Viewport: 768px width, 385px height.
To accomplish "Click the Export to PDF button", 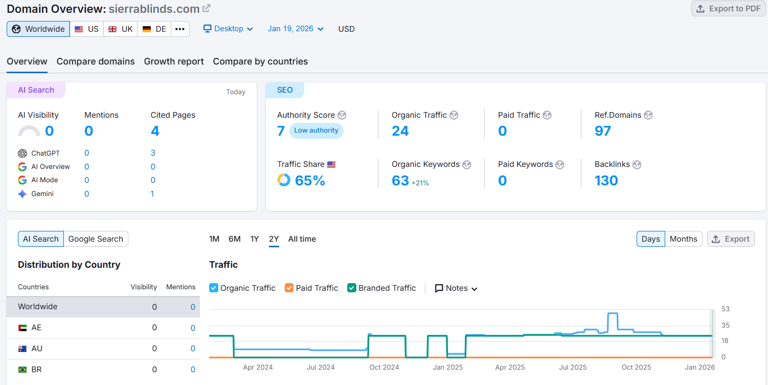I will [x=729, y=9].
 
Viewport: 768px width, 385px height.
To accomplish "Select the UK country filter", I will [x=121, y=29].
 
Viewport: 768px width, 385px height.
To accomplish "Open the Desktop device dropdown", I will [x=228, y=29].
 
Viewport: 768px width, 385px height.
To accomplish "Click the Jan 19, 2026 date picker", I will [x=296, y=29].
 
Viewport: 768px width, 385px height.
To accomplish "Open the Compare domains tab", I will [x=96, y=61].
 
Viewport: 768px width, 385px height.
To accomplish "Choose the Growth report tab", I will [x=174, y=61].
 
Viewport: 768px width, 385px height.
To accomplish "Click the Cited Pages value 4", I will [x=155, y=131].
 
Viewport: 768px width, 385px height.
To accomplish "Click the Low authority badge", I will [x=316, y=131].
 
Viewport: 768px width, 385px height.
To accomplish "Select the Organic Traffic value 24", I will [x=400, y=131].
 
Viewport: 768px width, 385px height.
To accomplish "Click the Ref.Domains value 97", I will [x=602, y=131].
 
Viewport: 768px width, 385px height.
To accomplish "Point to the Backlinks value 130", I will [x=606, y=181].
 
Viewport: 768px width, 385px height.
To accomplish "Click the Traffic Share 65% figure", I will [x=310, y=181].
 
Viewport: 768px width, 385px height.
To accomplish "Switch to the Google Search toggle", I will [x=96, y=239].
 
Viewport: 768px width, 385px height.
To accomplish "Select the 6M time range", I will [x=234, y=239].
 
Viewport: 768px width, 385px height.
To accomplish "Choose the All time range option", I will [x=302, y=239].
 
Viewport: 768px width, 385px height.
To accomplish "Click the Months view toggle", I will [x=683, y=239].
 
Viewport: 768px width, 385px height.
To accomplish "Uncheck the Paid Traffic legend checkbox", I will [x=289, y=288].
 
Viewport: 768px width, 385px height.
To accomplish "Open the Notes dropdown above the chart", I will [x=456, y=288].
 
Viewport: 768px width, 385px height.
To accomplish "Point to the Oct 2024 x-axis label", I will [x=384, y=367].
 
